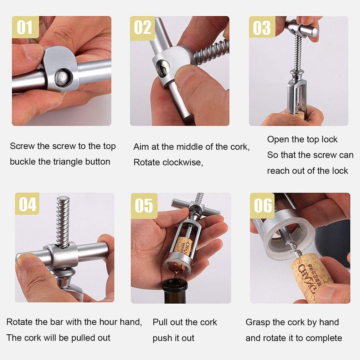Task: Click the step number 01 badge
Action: click(25, 27)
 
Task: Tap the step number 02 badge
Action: click(143, 27)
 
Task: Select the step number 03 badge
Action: click(262, 27)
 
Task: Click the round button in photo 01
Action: click(63, 77)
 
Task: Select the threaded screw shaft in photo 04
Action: click(63, 221)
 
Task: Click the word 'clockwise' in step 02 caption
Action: click(182, 163)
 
